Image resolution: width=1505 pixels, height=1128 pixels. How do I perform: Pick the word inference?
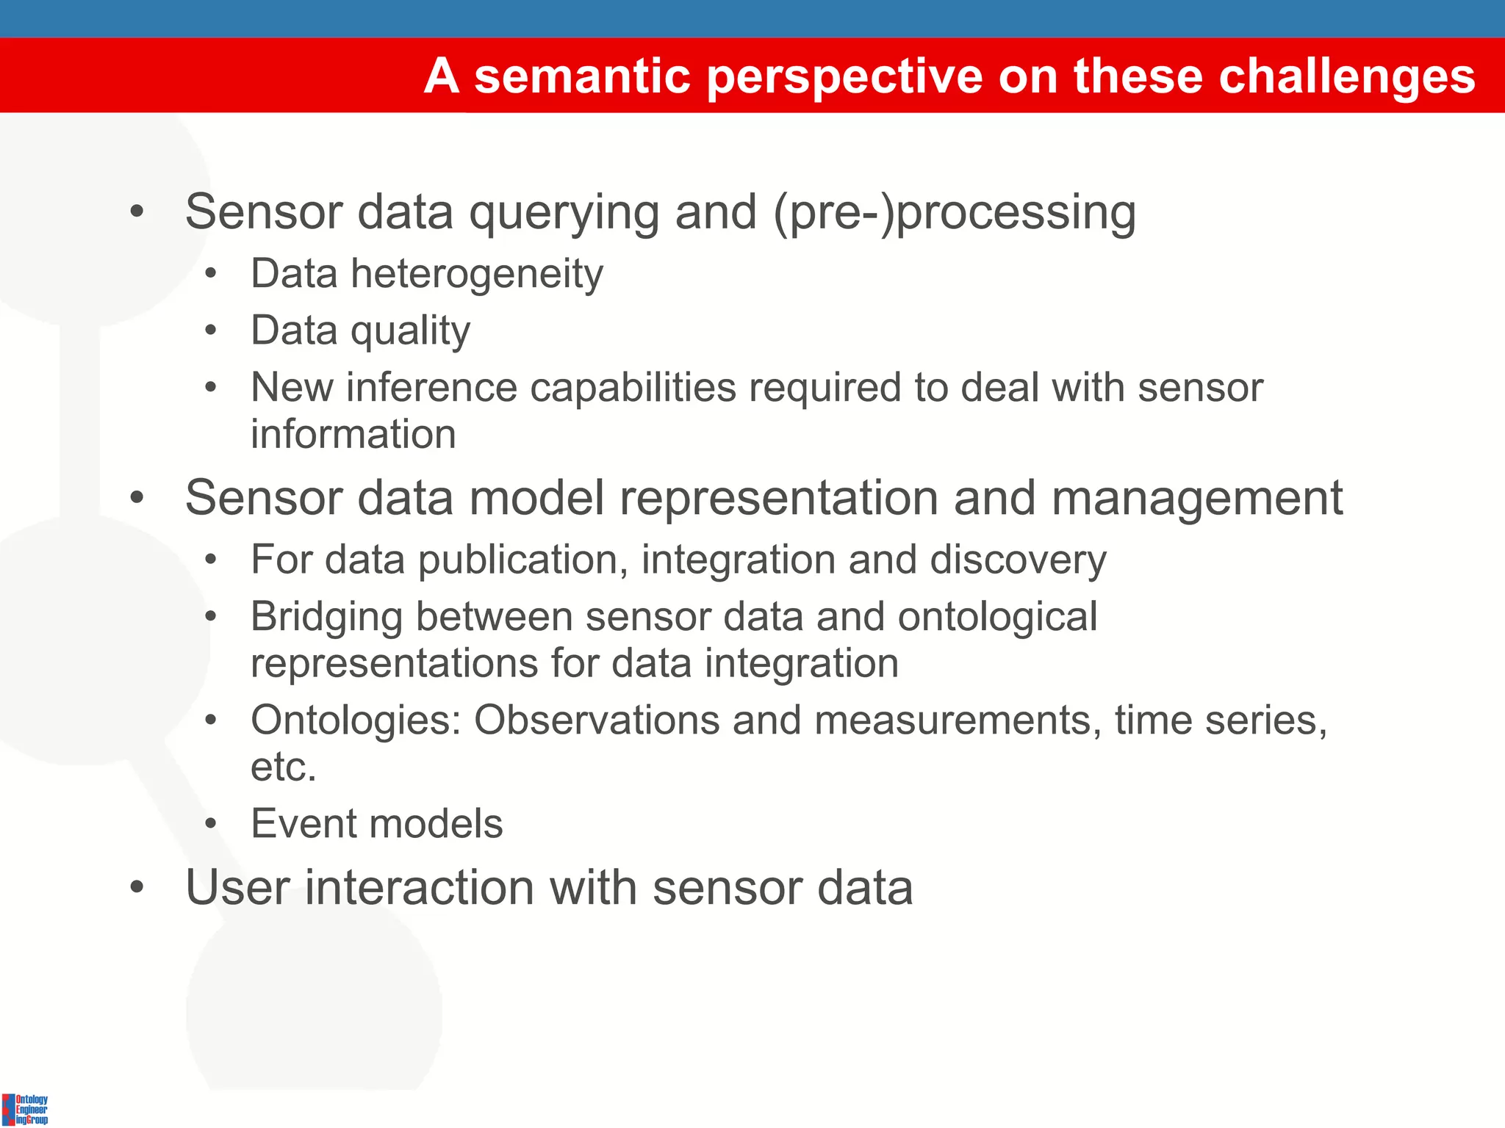431,388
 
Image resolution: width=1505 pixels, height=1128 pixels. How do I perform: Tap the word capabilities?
633,388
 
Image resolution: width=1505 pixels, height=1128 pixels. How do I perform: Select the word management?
1197,499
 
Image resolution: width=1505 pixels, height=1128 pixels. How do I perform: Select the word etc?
283,767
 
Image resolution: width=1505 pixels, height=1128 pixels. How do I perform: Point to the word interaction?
419,889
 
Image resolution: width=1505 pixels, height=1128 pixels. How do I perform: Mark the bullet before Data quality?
211,331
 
